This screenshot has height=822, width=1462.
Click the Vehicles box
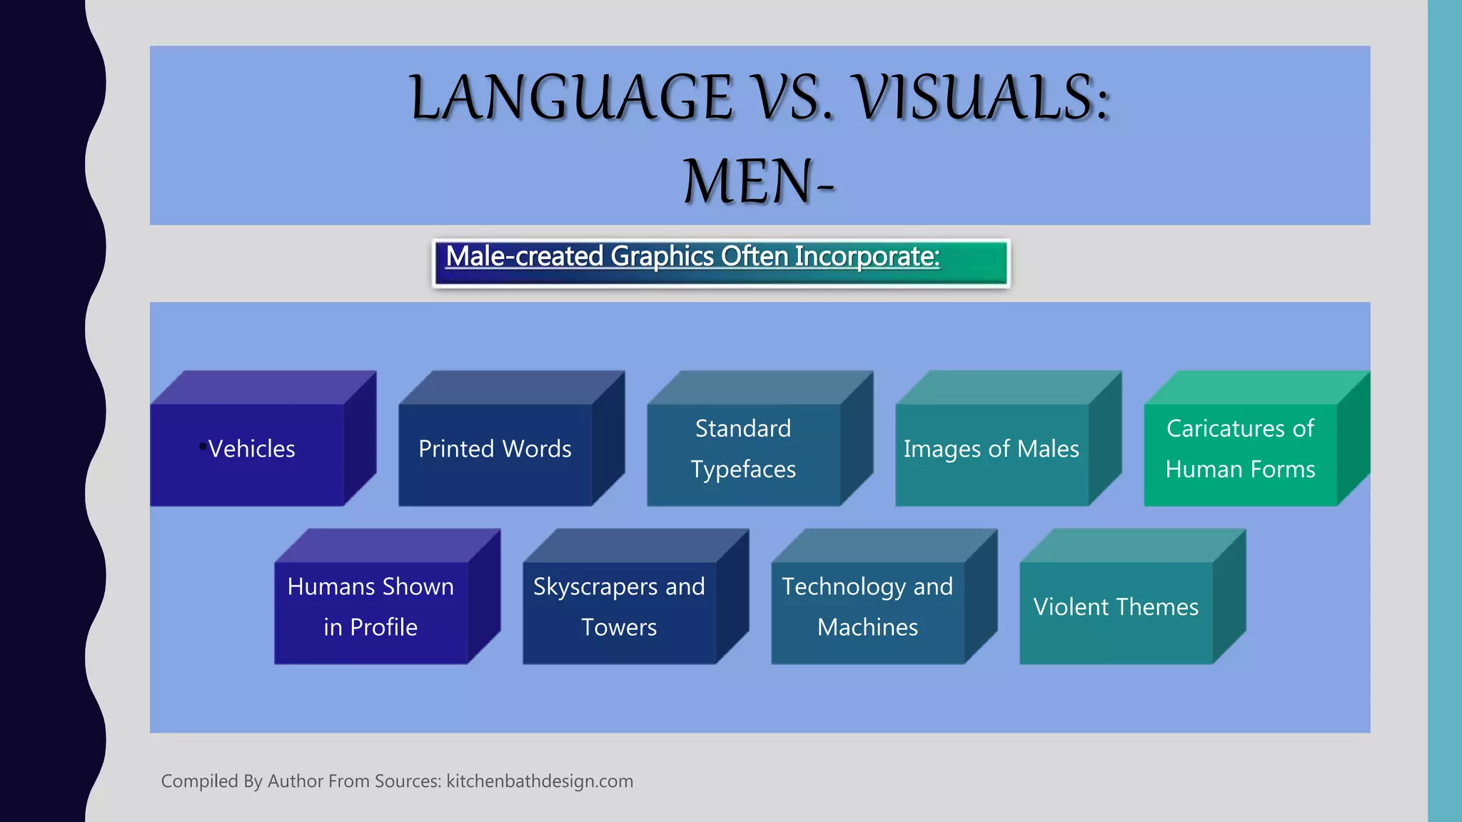click(247, 455)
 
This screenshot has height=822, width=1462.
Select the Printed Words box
click(495, 455)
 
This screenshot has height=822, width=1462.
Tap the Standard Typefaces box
click(743, 455)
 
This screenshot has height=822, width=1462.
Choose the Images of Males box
click(992, 455)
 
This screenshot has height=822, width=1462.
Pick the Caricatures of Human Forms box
click(1240, 455)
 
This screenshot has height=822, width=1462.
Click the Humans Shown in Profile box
click(370, 612)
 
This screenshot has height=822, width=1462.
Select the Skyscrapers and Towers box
click(619, 612)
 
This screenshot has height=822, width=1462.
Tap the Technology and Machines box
click(867, 612)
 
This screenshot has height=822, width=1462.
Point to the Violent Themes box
click(1116, 612)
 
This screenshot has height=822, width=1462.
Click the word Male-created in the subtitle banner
click(524, 256)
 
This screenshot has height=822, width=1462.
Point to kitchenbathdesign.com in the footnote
click(540, 781)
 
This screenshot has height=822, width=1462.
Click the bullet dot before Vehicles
click(203, 447)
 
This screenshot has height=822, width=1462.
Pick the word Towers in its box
click(619, 627)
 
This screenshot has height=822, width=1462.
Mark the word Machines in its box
click(867, 627)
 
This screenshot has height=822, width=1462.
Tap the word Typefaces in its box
click(743, 470)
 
